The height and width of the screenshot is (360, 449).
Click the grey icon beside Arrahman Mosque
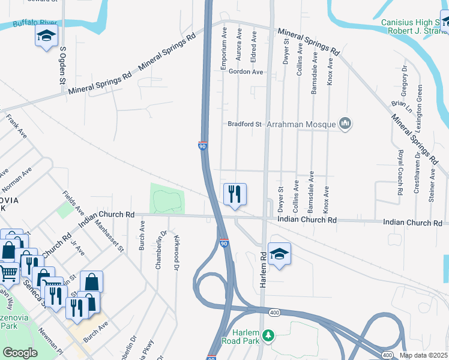345,124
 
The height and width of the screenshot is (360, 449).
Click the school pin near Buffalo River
46,35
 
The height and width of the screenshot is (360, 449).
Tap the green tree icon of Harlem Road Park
270,335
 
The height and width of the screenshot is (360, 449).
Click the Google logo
20,353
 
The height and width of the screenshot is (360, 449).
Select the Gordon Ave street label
246,72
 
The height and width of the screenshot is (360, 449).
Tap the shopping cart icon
8,274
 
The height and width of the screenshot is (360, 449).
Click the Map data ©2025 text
423,355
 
